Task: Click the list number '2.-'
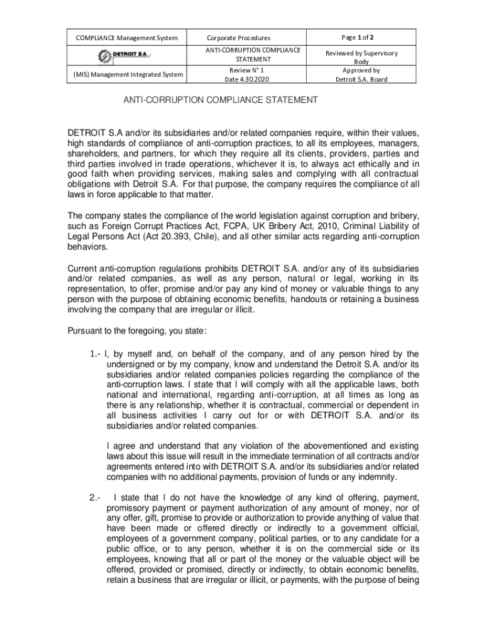point(96,499)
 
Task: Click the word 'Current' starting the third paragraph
point(83,269)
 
